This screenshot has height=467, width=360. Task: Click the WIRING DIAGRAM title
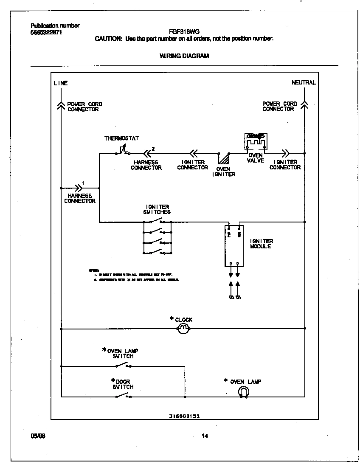click(x=184, y=56)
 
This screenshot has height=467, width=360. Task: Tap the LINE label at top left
click(x=60, y=83)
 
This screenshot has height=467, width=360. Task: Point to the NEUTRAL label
click(x=304, y=83)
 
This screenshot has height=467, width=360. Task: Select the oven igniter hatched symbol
click(x=222, y=158)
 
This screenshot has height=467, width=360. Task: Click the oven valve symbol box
click(x=256, y=141)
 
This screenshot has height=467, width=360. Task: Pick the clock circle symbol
click(x=183, y=329)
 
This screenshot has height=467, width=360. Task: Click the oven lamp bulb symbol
click(x=244, y=392)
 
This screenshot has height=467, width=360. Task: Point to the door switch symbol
click(x=123, y=396)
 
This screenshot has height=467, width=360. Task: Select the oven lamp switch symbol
click(x=123, y=365)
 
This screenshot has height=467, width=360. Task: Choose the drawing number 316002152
click(x=184, y=416)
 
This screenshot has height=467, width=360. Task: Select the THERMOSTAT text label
click(x=121, y=138)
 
